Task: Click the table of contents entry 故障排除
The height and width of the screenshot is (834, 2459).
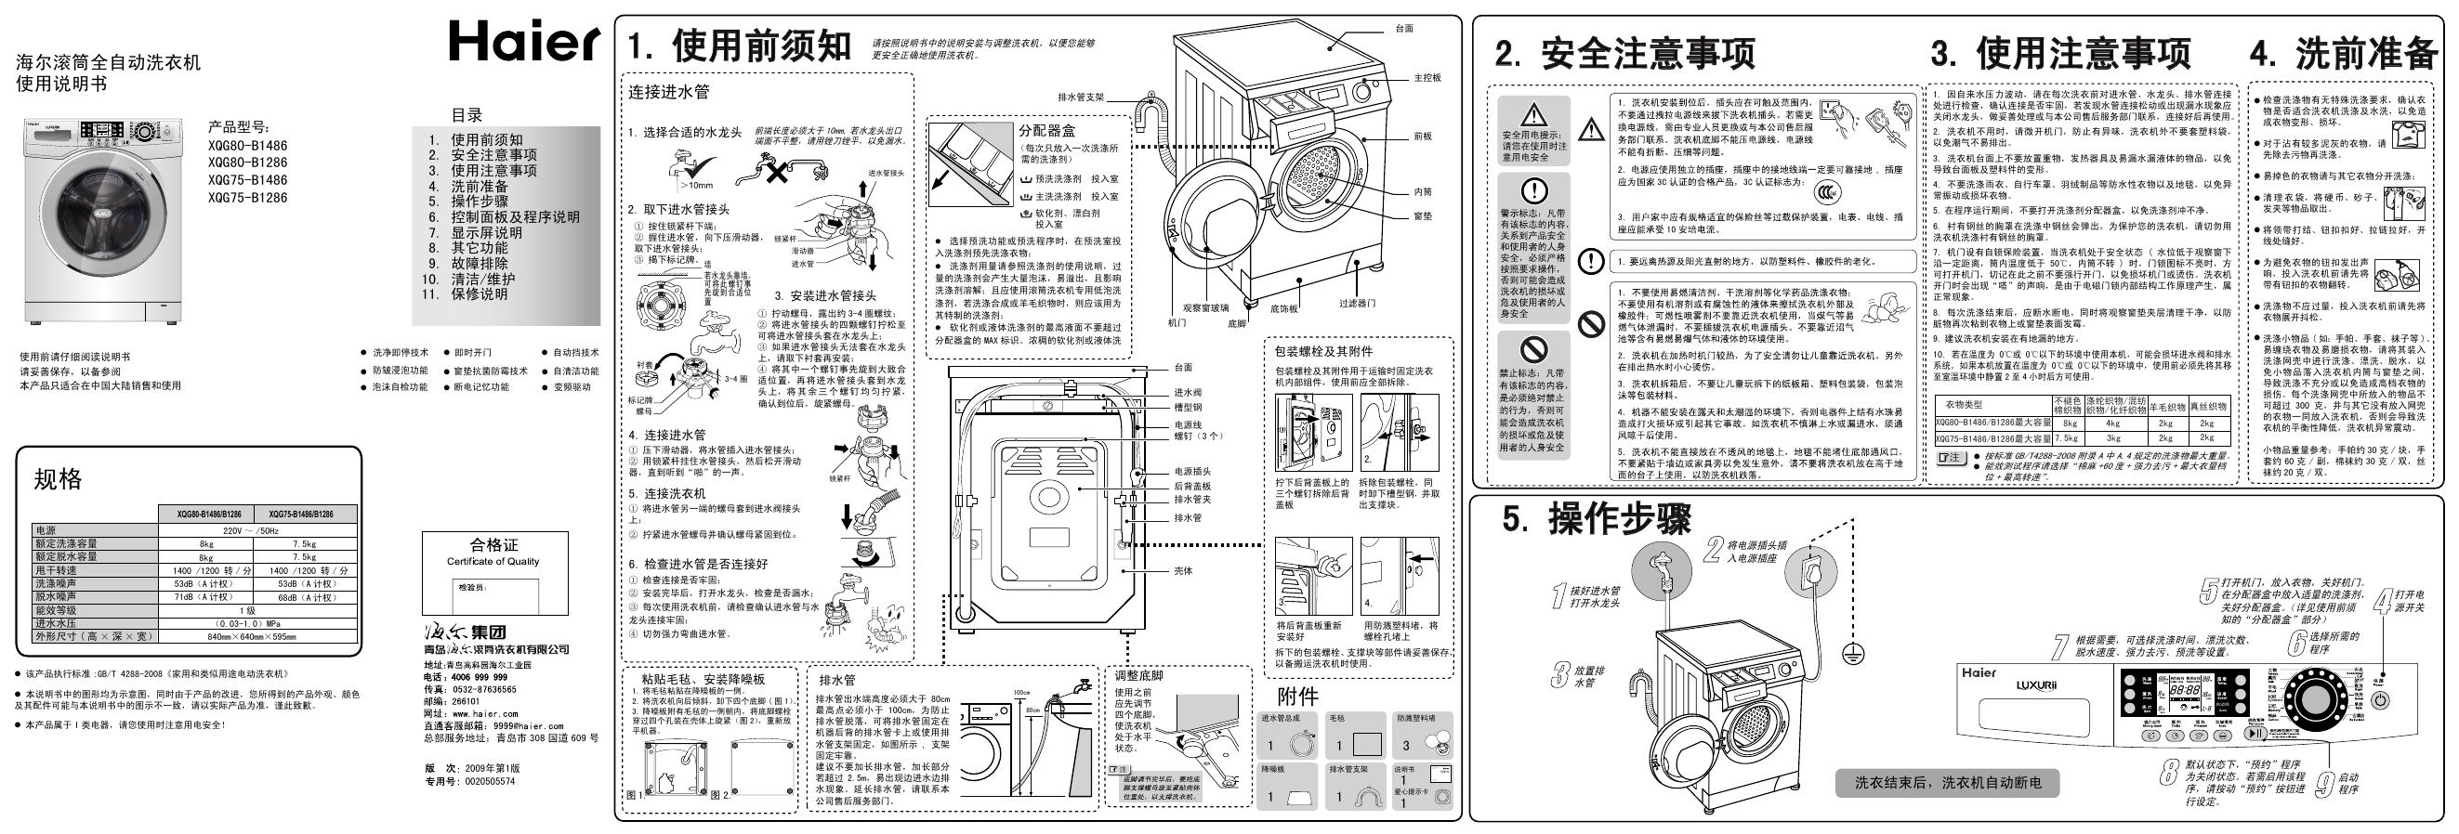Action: coord(480,264)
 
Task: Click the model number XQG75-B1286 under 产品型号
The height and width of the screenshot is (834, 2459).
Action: coord(247,199)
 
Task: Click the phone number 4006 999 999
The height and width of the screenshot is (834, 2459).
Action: coord(479,676)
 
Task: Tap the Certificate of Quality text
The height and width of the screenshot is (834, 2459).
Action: coord(493,561)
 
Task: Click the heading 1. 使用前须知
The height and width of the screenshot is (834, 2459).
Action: coord(738,46)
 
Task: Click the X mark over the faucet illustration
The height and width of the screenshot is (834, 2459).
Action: coord(778,173)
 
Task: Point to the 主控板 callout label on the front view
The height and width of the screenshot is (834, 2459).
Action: coord(1427,77)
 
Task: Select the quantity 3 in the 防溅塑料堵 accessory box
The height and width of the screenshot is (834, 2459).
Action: coord(1405,745)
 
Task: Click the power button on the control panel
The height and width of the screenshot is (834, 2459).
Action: coord(2380,700)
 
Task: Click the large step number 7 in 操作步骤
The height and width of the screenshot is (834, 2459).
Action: coord(2061,648)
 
